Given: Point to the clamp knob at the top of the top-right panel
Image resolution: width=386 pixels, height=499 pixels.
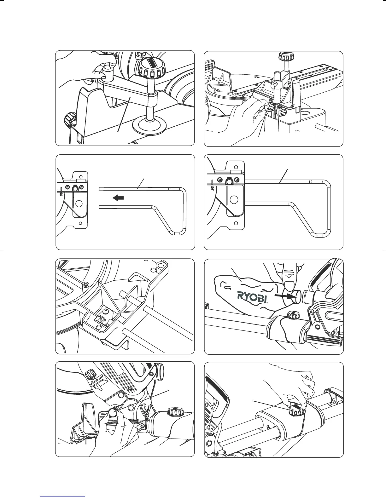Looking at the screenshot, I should pos(285,57).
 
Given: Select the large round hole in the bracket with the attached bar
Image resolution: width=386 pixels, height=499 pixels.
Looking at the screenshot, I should pos(234,199).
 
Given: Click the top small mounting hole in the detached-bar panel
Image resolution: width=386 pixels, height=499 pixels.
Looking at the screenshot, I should pos(81,176).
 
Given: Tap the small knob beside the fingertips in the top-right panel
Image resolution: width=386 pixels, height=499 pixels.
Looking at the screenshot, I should pos(282,111).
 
